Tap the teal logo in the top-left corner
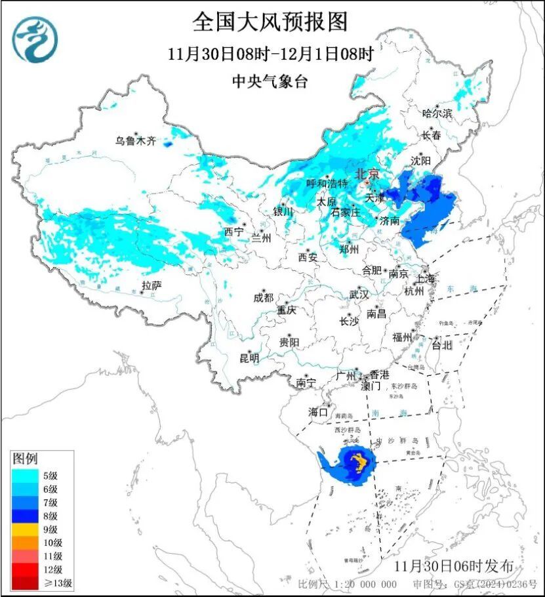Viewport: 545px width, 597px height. [35, 39]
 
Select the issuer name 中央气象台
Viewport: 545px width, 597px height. [270, 81]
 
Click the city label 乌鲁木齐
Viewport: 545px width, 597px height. [136, 140]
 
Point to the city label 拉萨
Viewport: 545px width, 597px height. [151, 285]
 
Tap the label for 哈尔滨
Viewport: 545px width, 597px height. [437, 113]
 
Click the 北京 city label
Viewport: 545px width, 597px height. [367, 175]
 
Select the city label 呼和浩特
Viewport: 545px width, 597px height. [328, 184]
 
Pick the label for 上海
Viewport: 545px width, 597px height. [425, 278]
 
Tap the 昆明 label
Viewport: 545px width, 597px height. [249, 358]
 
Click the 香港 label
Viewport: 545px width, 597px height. [379, 375]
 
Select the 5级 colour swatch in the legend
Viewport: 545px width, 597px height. [26, 476]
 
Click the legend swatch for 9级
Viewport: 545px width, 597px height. [26, 529]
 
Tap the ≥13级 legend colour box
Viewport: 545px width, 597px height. [26, 582]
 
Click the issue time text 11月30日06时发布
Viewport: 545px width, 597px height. [453, 566]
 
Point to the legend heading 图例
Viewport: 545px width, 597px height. [26, 458]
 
